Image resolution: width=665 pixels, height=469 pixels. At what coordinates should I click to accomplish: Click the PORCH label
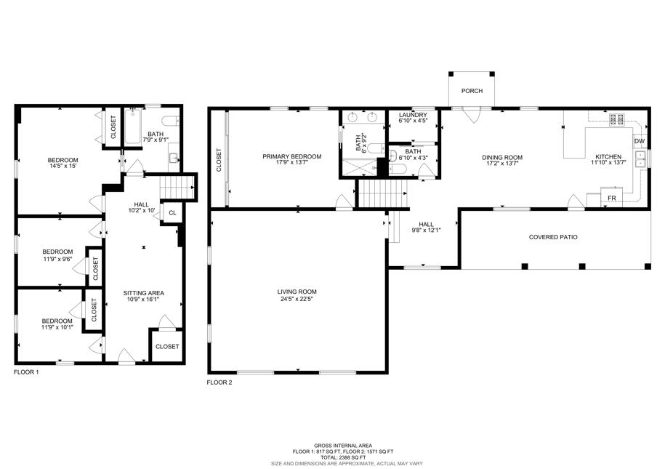[x=472, y=91]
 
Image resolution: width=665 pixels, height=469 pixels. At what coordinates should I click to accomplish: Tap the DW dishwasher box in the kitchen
[x=640, y=141]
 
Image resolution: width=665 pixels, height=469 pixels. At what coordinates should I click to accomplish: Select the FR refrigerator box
[x=611, y=198]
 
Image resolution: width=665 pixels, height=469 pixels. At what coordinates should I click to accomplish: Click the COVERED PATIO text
[x=553, y=237]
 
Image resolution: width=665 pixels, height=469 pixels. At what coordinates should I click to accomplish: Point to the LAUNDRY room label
[x=413, y=115]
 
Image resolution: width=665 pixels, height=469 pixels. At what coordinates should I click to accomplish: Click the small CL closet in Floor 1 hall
[x=172, y=212]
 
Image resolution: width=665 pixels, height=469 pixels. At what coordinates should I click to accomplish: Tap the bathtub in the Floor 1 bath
[x=133, y=127]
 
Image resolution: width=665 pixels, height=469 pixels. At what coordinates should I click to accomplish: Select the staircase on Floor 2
[x=383, y=193]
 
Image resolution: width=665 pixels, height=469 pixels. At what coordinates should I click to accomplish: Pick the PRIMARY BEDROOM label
[x=291, y=156]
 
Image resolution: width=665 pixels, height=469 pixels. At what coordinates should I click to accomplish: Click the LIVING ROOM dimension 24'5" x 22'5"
[x=297, y=299]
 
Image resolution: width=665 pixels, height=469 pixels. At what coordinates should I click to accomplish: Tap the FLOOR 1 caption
[x=26, y=372]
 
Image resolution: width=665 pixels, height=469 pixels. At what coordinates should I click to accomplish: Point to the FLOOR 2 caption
[x=219, y=382]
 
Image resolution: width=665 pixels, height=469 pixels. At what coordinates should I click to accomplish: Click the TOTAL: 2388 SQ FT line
[x=343, y=457]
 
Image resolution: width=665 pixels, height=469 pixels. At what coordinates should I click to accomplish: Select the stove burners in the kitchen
[x=616, y=119]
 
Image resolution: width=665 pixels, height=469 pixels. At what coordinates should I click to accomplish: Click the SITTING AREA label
[x=143, y=293]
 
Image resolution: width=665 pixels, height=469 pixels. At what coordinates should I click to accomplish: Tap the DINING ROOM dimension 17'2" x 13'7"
[x=502, y=164]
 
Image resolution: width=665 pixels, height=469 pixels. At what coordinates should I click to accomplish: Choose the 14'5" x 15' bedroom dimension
[x=63, y=166]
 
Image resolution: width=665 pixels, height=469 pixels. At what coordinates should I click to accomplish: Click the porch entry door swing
[x=472, y=116]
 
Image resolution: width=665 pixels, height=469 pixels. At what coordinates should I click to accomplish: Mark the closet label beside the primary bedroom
[x=219, y=159]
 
